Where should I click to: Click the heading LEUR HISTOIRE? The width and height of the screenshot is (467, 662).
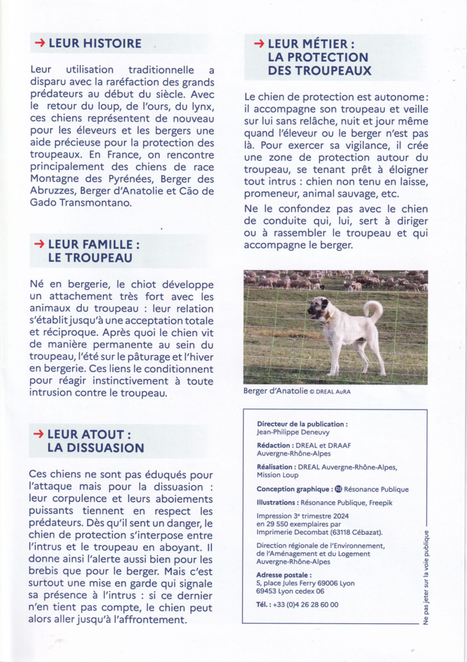94,44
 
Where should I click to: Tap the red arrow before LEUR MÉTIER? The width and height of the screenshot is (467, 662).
260,44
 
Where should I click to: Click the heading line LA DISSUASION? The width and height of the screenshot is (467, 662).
96,448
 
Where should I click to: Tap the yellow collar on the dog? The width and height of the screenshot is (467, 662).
330,318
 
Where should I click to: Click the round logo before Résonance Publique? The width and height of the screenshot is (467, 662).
339,489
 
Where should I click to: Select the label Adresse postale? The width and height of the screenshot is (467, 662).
284,575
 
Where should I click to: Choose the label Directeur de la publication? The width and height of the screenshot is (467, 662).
302,424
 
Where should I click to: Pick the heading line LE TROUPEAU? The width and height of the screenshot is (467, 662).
90,258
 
